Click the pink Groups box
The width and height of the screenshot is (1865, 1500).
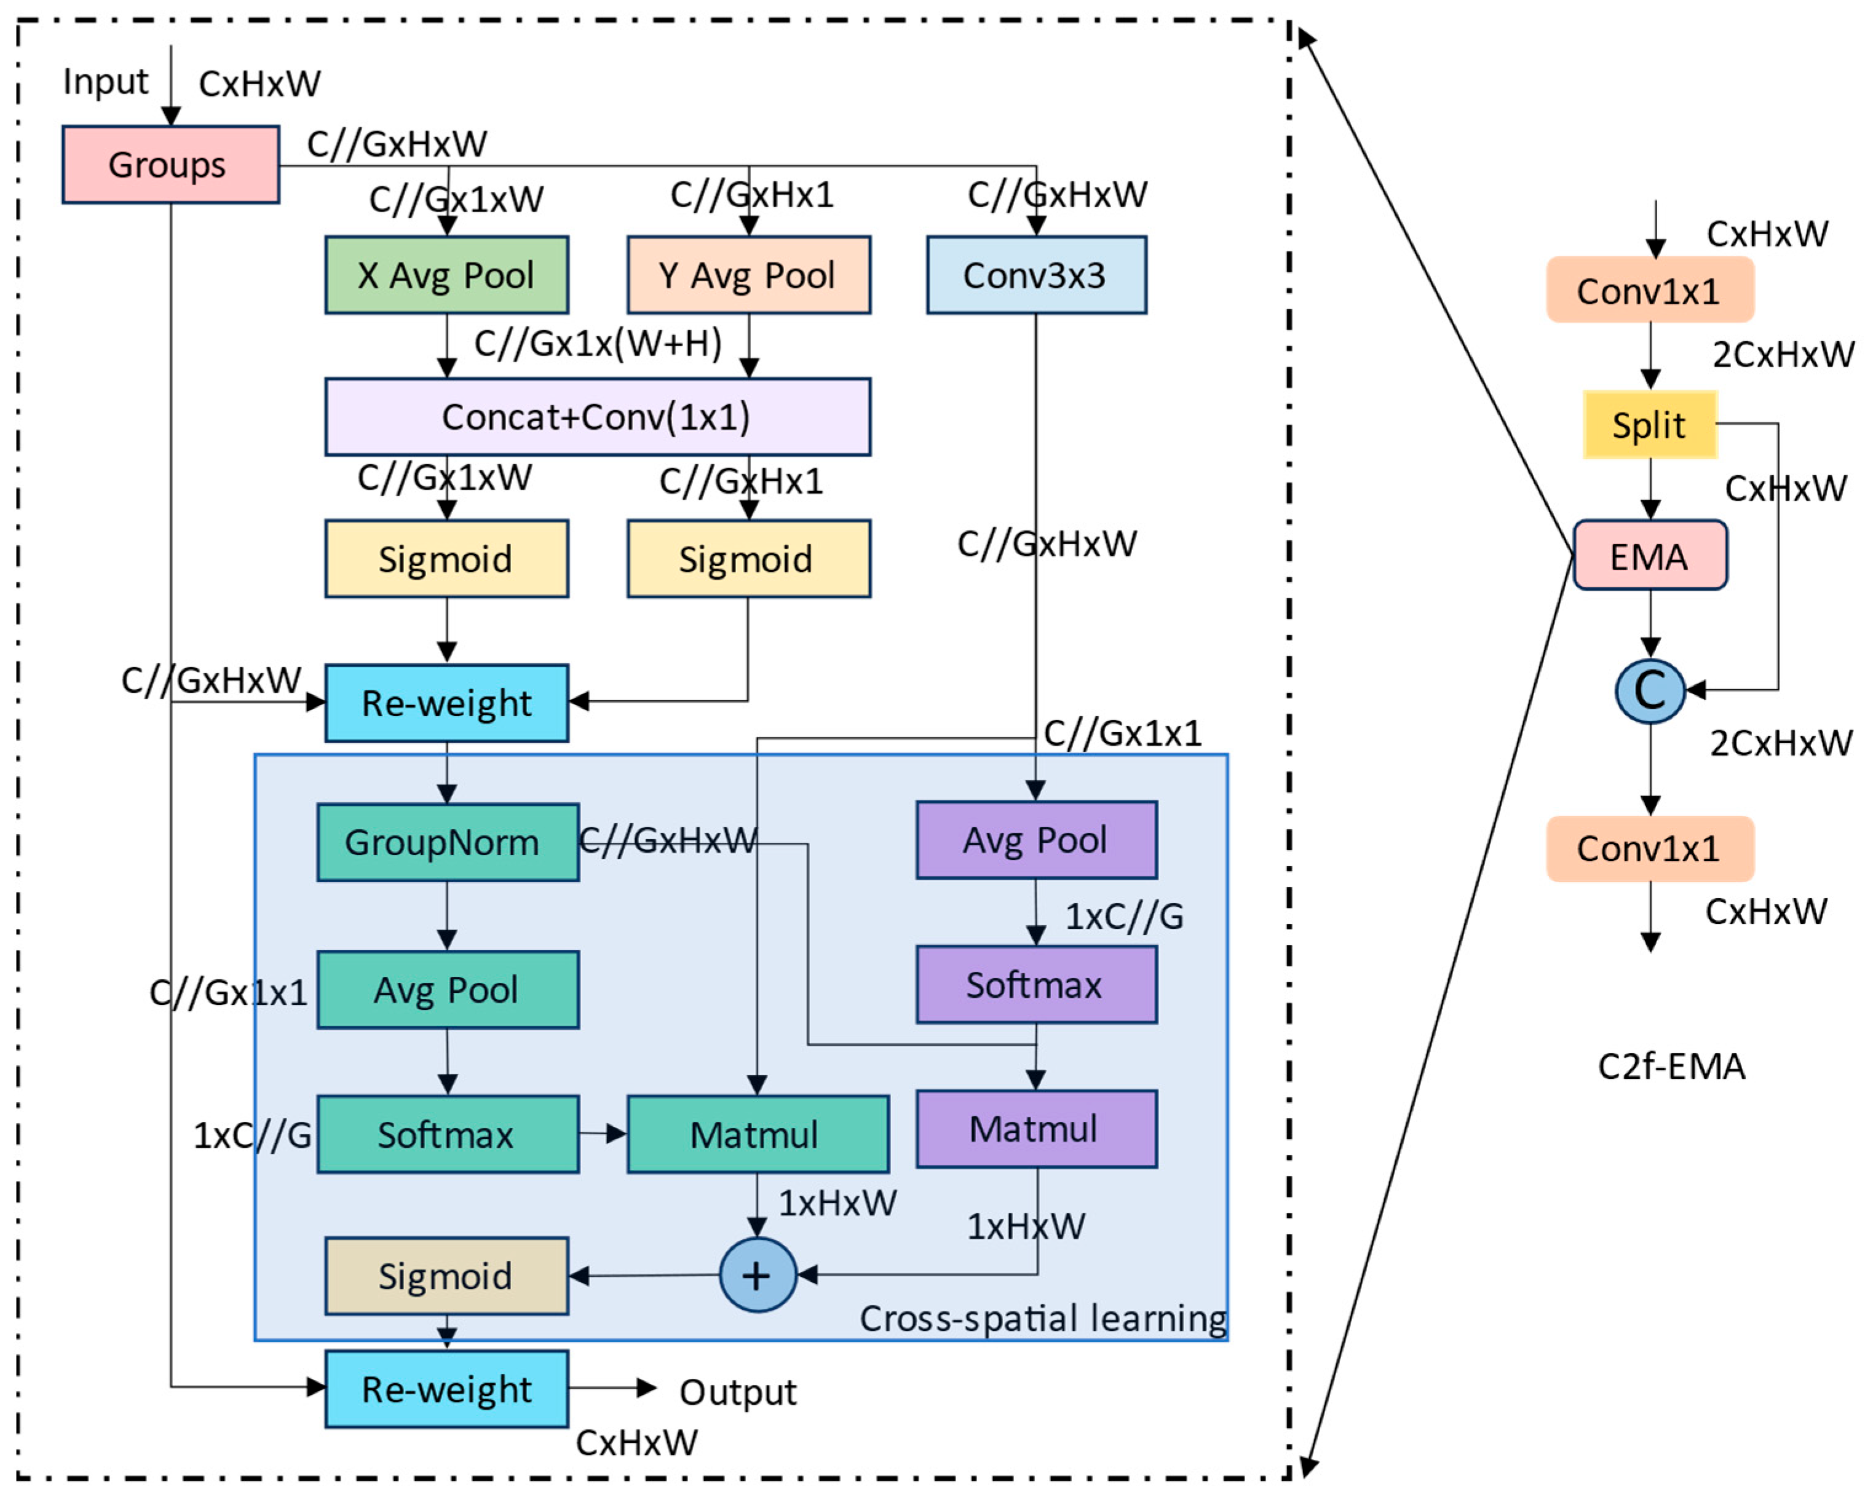[170, 164]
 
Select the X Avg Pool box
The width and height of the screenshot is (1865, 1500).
[446, 275]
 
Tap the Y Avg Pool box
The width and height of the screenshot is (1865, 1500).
[748, 275]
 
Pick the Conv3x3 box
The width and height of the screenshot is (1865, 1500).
[1035, 275]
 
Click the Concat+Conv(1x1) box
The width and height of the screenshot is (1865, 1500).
[597, 417]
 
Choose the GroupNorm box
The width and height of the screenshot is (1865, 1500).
[447, 843]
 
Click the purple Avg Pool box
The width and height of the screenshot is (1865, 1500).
[1036, 840]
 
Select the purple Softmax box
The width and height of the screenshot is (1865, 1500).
[1036, 984]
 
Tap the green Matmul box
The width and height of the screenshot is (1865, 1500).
[757, 1134]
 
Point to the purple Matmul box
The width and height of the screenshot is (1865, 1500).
[1036, 1129]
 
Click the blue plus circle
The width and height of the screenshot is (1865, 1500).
[758, 1275]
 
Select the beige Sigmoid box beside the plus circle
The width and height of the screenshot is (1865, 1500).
[446, 1276]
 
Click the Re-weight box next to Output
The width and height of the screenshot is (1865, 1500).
[446, 1389]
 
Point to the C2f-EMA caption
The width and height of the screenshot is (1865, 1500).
[1671, 1067]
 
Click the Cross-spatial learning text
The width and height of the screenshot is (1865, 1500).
[1042, 1318]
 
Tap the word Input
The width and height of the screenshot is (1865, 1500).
[106, 82]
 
